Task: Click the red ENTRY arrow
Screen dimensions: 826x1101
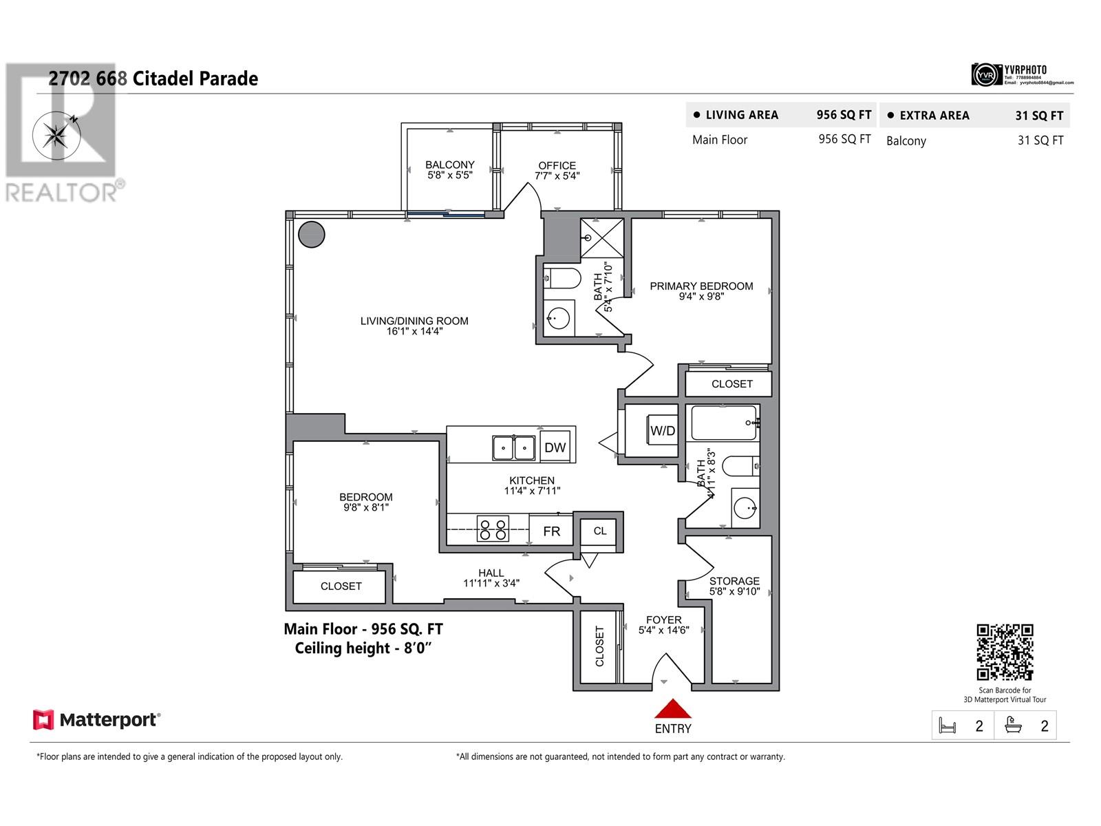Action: pos(672,710)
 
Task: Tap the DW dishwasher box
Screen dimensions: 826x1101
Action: pos(555,447)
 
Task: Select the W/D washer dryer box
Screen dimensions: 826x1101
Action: pos(663,431)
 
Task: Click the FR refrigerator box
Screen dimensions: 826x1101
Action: pos(551,531)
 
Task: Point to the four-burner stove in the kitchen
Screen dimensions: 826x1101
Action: pos(493,529)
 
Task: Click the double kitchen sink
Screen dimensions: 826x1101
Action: pos(513,448)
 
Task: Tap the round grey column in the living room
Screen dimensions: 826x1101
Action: pos(312,234)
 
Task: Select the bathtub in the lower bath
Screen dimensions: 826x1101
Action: pos(724,423)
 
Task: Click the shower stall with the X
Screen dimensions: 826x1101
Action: pos(602,238)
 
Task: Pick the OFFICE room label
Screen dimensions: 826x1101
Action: pos(557,165)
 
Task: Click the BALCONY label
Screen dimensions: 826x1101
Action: pos(449,165)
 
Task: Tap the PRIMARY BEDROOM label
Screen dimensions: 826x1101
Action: pos(701,286)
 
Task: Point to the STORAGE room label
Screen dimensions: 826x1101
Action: pos(734,581)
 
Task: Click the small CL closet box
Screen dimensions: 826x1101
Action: pos(599,531)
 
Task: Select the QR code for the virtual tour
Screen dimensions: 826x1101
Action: pos(1005,652)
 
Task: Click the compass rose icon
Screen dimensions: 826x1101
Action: pos(55,133)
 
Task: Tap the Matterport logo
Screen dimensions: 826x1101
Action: pos(97,720)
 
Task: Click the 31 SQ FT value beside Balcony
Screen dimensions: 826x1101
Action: pos(1040,140)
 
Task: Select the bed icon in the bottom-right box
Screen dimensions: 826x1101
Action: pos(948,726)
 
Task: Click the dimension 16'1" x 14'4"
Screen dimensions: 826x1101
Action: pos(414,331)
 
